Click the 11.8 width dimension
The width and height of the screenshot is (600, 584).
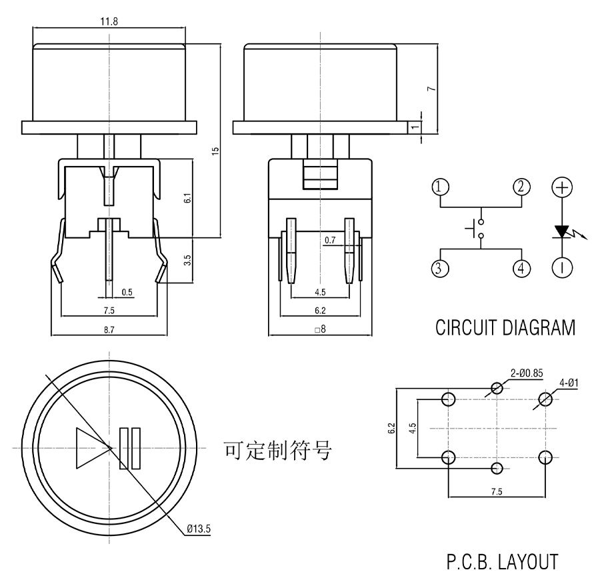(x=108, y=21)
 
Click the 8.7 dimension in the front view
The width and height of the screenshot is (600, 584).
(x=109, y=328)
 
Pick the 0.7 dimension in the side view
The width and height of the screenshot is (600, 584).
(x=330, y=240)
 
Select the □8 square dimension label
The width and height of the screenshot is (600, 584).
(x=320, y=328)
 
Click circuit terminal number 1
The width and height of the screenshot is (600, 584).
(x=440, y=187)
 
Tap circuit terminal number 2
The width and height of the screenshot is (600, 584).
(x=521, y=187)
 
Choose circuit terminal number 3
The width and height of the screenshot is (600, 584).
(x=440, y=268)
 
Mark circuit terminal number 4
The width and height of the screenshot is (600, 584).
(x=521, y=268)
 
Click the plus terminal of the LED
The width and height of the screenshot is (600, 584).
(x=563, y=187)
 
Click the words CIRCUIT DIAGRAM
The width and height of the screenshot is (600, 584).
(x=505, y=328)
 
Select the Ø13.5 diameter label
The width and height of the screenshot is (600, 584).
(x=199, y=529)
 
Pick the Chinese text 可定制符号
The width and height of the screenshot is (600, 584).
(x=278, y=451)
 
